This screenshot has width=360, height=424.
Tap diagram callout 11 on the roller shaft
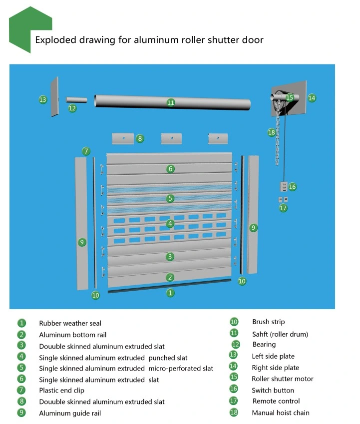pos(171,102)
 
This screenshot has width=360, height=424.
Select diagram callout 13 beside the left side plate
pos(43,99)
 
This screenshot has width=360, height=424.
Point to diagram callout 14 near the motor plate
pos(312,98)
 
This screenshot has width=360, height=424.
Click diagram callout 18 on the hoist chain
pos(271,132)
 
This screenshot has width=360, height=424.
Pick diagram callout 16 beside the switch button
pos(292,187)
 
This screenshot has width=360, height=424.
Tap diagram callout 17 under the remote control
pos(283,208)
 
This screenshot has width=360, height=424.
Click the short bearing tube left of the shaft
pos(76,99)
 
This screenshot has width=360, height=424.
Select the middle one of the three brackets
pos(171,138)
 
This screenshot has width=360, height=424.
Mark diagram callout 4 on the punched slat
pos(170,224)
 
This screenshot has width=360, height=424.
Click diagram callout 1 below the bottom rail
pos(170,293)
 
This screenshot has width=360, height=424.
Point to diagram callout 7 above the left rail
pos(86,151)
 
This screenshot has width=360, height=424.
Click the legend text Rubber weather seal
pos(70,323)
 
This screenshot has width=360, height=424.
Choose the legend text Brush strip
pos(268,322)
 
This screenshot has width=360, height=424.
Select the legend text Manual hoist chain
pos(280,413)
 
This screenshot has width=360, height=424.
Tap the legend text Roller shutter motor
pos(282,379)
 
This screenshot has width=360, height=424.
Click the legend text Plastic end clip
pos(61,390)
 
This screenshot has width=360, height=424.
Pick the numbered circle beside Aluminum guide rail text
pos(21,413)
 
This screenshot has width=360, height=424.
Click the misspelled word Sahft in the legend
pos(261,334)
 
